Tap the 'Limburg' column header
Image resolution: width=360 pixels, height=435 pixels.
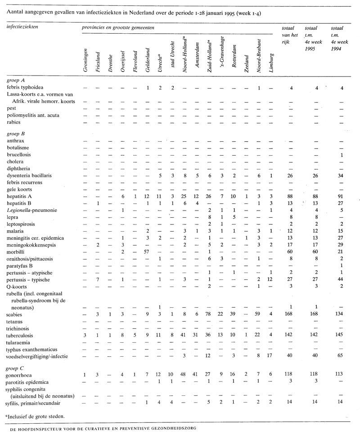pyautogui.click(x=271, y=63)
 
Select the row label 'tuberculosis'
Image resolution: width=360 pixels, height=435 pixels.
pyautogui.click(x=20, y=336)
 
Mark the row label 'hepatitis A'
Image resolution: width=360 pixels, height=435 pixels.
pyautogui.click(x=20, y=197)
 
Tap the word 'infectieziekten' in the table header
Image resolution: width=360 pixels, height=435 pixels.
pyautogui.click(x=22, y=27)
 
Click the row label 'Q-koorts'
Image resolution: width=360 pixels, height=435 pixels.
pyautogui.click(x=18, y=286)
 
